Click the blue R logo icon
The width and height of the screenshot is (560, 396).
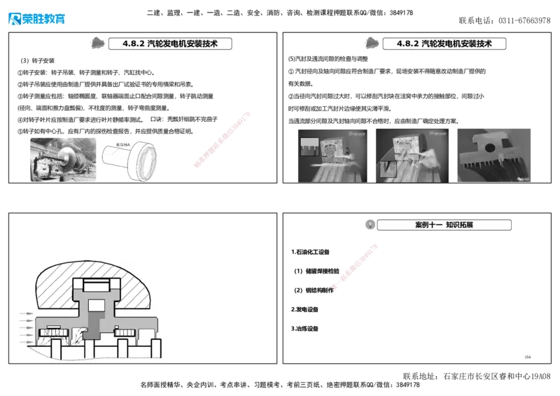14,18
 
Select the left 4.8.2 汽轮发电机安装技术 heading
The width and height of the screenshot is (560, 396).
170,43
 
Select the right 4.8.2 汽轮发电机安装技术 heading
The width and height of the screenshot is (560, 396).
444,43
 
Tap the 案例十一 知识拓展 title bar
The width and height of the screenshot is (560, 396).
445,225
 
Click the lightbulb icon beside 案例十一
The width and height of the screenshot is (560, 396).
370,225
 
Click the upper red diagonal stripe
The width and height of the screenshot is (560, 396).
222,139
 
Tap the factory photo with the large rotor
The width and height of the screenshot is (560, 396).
63,159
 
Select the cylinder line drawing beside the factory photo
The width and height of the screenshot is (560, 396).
131,159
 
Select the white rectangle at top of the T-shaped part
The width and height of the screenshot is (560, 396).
97,285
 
